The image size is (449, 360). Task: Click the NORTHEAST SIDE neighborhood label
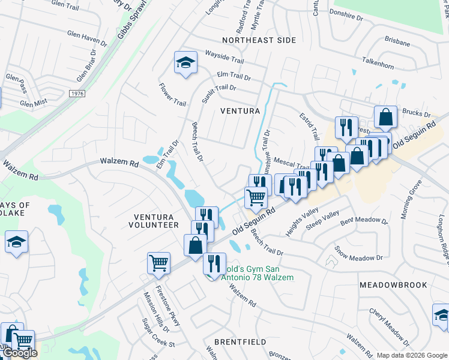(259, 40)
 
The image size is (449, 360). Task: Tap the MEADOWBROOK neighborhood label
(393, 285)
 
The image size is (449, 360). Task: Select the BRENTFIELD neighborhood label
(244, 342)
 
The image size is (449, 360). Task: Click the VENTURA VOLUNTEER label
(154, 221)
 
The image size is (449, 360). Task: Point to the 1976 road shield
(76, 94)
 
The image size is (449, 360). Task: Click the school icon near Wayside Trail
(186, 62)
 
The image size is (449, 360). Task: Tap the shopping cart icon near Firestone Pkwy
(159, 263)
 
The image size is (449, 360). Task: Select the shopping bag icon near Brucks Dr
(385, 117)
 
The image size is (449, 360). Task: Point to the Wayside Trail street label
(223, 55)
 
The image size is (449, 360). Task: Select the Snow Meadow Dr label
(358, 254)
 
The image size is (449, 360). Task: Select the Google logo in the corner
(19, 353)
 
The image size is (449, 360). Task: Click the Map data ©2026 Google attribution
(411, 355)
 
